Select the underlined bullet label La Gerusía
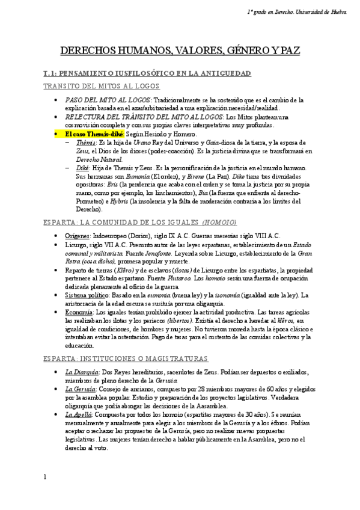[x=81, y=390]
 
